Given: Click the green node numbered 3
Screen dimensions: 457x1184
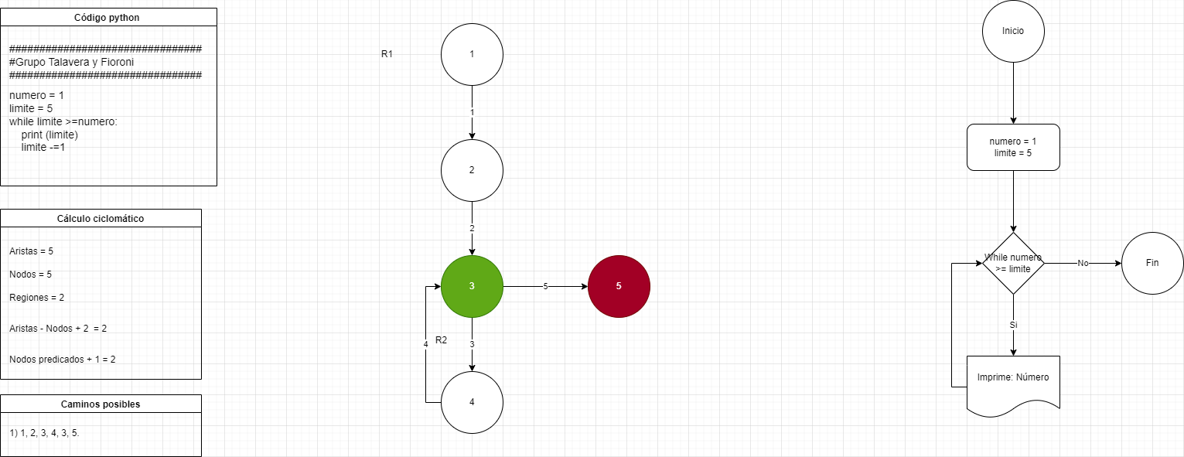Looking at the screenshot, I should pyautogui.click(x=472, y=286).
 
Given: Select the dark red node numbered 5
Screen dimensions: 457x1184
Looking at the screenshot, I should pyautogui.click(x=619, y=286).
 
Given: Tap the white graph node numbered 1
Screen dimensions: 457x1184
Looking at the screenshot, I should pyautogui.click(x=472, y=54).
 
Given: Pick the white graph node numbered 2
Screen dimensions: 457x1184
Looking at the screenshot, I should pyautogui.click(x=472, y=170).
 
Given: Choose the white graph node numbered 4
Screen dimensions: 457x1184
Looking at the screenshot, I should pyautogui.click(x=472, y=402).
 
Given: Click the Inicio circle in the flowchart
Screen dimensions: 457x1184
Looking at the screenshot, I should pyautogui.click(x=1013, y=31).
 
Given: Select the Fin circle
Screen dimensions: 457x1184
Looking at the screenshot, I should pyautogui.click(x=1152, y=263).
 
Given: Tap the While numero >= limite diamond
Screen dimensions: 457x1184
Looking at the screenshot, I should pyautogui.click(x=1013, y=263).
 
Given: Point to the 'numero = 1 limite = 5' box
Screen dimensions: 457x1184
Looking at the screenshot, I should pyautogui.click(x=1013, y=147).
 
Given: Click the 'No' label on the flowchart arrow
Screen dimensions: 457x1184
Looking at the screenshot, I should pyautogui.click(x=1083, y=264).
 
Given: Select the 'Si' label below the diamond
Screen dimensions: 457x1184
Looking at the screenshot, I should pyautogui.click(x=1013, y=325).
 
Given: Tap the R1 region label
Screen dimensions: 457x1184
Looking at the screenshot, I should pyautogui.click(x=387, y=54).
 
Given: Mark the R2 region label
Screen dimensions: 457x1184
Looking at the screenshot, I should pyautogui.click(x=442, y=340).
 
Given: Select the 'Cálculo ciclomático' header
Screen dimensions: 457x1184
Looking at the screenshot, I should pyautogui.click(x=101, y=218).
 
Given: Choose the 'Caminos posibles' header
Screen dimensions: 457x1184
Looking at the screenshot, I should pyautogui.click(x=101, y=404).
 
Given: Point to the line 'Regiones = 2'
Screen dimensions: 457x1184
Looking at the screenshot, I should pyautogui.click(x=36, y=298).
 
